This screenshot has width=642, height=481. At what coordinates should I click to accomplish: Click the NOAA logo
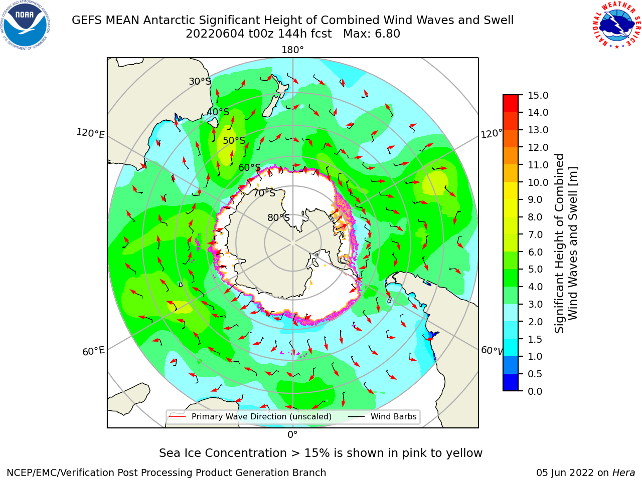(x=26, y=25)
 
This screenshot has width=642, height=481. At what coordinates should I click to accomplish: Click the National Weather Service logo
(x=616, y=25)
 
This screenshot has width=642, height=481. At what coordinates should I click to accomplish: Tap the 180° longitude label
(x=292, y=50)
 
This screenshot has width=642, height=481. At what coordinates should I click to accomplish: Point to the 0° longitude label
(x=292, y=435)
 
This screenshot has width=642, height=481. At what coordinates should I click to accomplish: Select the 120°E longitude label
(x=90, y=133)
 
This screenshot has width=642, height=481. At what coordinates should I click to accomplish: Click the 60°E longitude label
(x=93, y=351)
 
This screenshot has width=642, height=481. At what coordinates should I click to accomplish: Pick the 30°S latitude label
(x=200, y=81)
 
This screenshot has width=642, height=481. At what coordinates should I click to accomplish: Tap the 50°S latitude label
(x=234, y=140)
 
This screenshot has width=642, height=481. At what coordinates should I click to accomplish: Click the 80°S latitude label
(x=278, y=217)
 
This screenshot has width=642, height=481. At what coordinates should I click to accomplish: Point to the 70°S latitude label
(x=264, y=193)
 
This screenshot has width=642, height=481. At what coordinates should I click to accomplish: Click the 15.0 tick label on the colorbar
(x=538, y=95)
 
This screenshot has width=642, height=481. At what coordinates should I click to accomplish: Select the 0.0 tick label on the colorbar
(x=535, y=391)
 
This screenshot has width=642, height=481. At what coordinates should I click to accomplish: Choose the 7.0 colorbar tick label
(x=535, y=234)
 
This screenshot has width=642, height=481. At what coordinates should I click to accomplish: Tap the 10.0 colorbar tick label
(x=538, y=182)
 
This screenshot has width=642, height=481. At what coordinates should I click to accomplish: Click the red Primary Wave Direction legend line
(x=177, y=416)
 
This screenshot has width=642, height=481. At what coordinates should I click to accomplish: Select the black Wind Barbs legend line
(x=357, y=417)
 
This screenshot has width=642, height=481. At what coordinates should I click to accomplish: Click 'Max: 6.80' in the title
(x=372, y=34)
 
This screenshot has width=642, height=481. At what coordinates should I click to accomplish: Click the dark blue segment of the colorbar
(x=511, y=382)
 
